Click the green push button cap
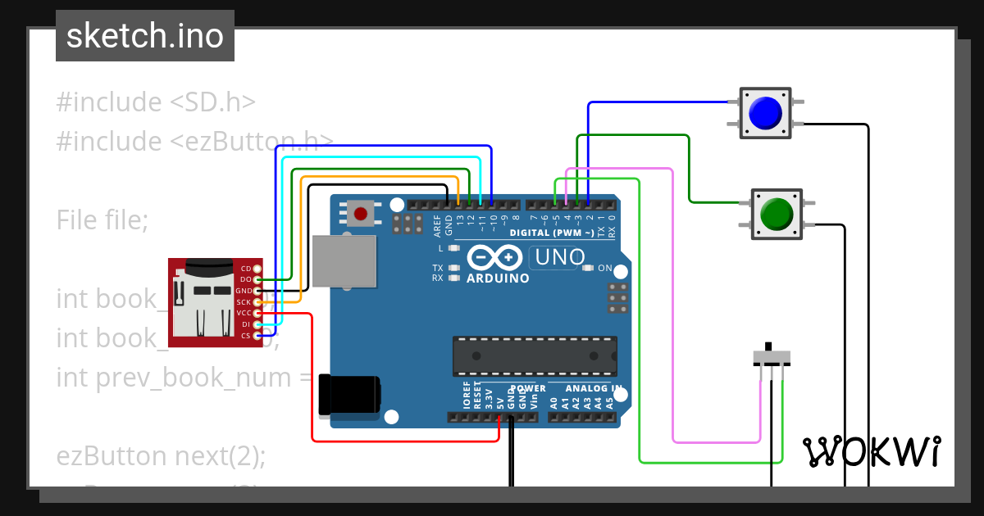pyautogui.click(x=777, y=214)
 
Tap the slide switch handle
pyautogui.click(x=768, y=347)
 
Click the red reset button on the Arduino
pyautogui.click(x=360, y=214)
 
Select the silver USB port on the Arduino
pyautogui.click(x=344, y=261)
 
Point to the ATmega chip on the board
pyautogui.click(x=535, y=354)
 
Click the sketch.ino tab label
pyautogui.click(x=145, y=36)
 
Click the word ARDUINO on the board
pyautogui.click(x=498, y=278)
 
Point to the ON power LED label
pyautogui.click(x=605, y=268)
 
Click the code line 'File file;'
pyautogui.click(x=102, y=220)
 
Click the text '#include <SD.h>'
pyautogui.click(x=156, y=102)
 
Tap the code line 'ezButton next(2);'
pyautogui.click(x=161, y=455)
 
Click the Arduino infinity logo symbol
pyautogui.click(x=494, y=258)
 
